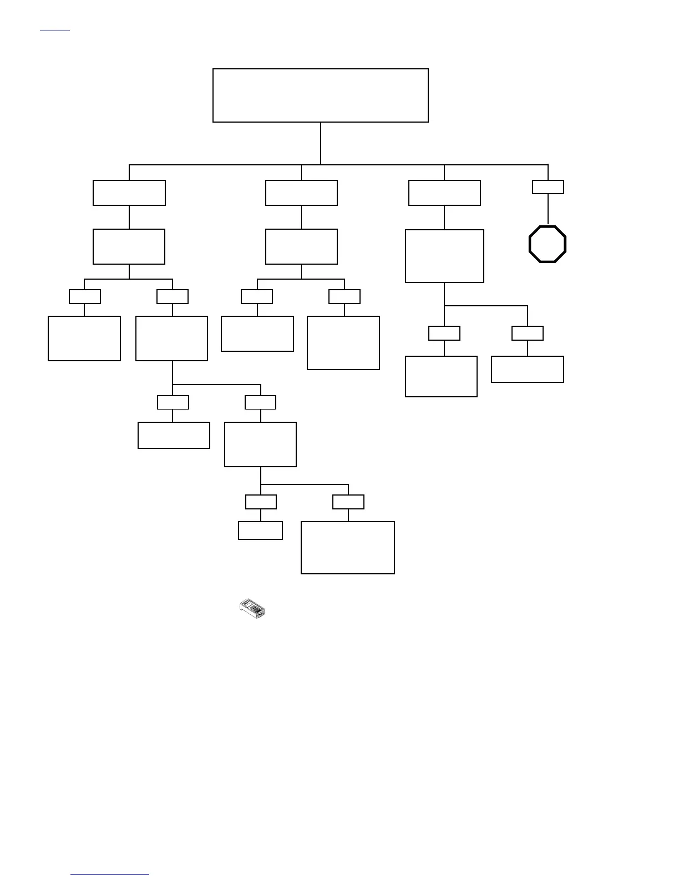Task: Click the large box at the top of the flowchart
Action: point(321,95)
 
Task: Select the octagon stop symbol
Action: point(548,244)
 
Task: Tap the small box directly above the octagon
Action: point(548,187)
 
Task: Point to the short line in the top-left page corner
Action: point(55,30)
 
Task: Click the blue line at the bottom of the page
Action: point(110,874)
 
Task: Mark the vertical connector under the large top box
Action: point(321,143)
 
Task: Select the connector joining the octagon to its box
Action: point(548,209)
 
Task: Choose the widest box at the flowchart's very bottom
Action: point(348,547)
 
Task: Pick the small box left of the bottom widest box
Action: point(260,531)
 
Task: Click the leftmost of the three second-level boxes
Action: point(129,193)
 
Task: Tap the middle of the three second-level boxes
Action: point(301,193)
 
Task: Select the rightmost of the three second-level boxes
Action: point(444,193)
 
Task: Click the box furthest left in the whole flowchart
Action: point(84,339)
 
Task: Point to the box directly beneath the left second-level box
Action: point(129,246)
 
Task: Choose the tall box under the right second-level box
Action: point(444,256)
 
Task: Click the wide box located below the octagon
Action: point(528,369)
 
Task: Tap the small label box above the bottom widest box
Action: point(348,502)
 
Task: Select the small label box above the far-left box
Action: point(85,296)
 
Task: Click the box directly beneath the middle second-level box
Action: point(301,246)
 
